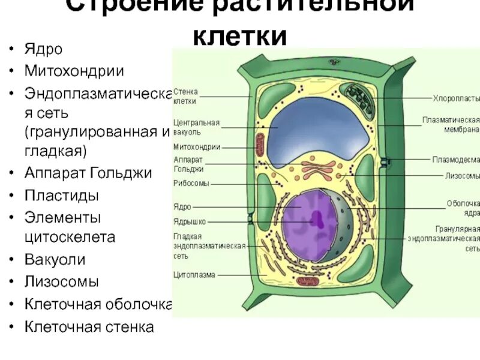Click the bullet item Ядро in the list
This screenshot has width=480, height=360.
click(43, 49)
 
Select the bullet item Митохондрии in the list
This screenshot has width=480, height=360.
click(74, 71)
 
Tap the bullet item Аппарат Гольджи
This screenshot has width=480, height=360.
click(88, 173)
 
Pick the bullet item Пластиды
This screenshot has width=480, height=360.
click(62, 195)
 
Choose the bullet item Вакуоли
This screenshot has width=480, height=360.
click(55, 260)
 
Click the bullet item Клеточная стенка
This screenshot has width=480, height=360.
click(89, 327)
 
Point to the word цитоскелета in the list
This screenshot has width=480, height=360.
click(70, 238)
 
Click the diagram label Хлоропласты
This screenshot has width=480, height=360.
click(456, 98)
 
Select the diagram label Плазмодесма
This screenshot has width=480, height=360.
click(456, 160)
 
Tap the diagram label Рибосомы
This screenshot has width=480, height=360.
click(191, 184)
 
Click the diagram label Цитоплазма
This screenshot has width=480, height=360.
click(194, 275)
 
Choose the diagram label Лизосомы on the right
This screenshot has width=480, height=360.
click(462, 176)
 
